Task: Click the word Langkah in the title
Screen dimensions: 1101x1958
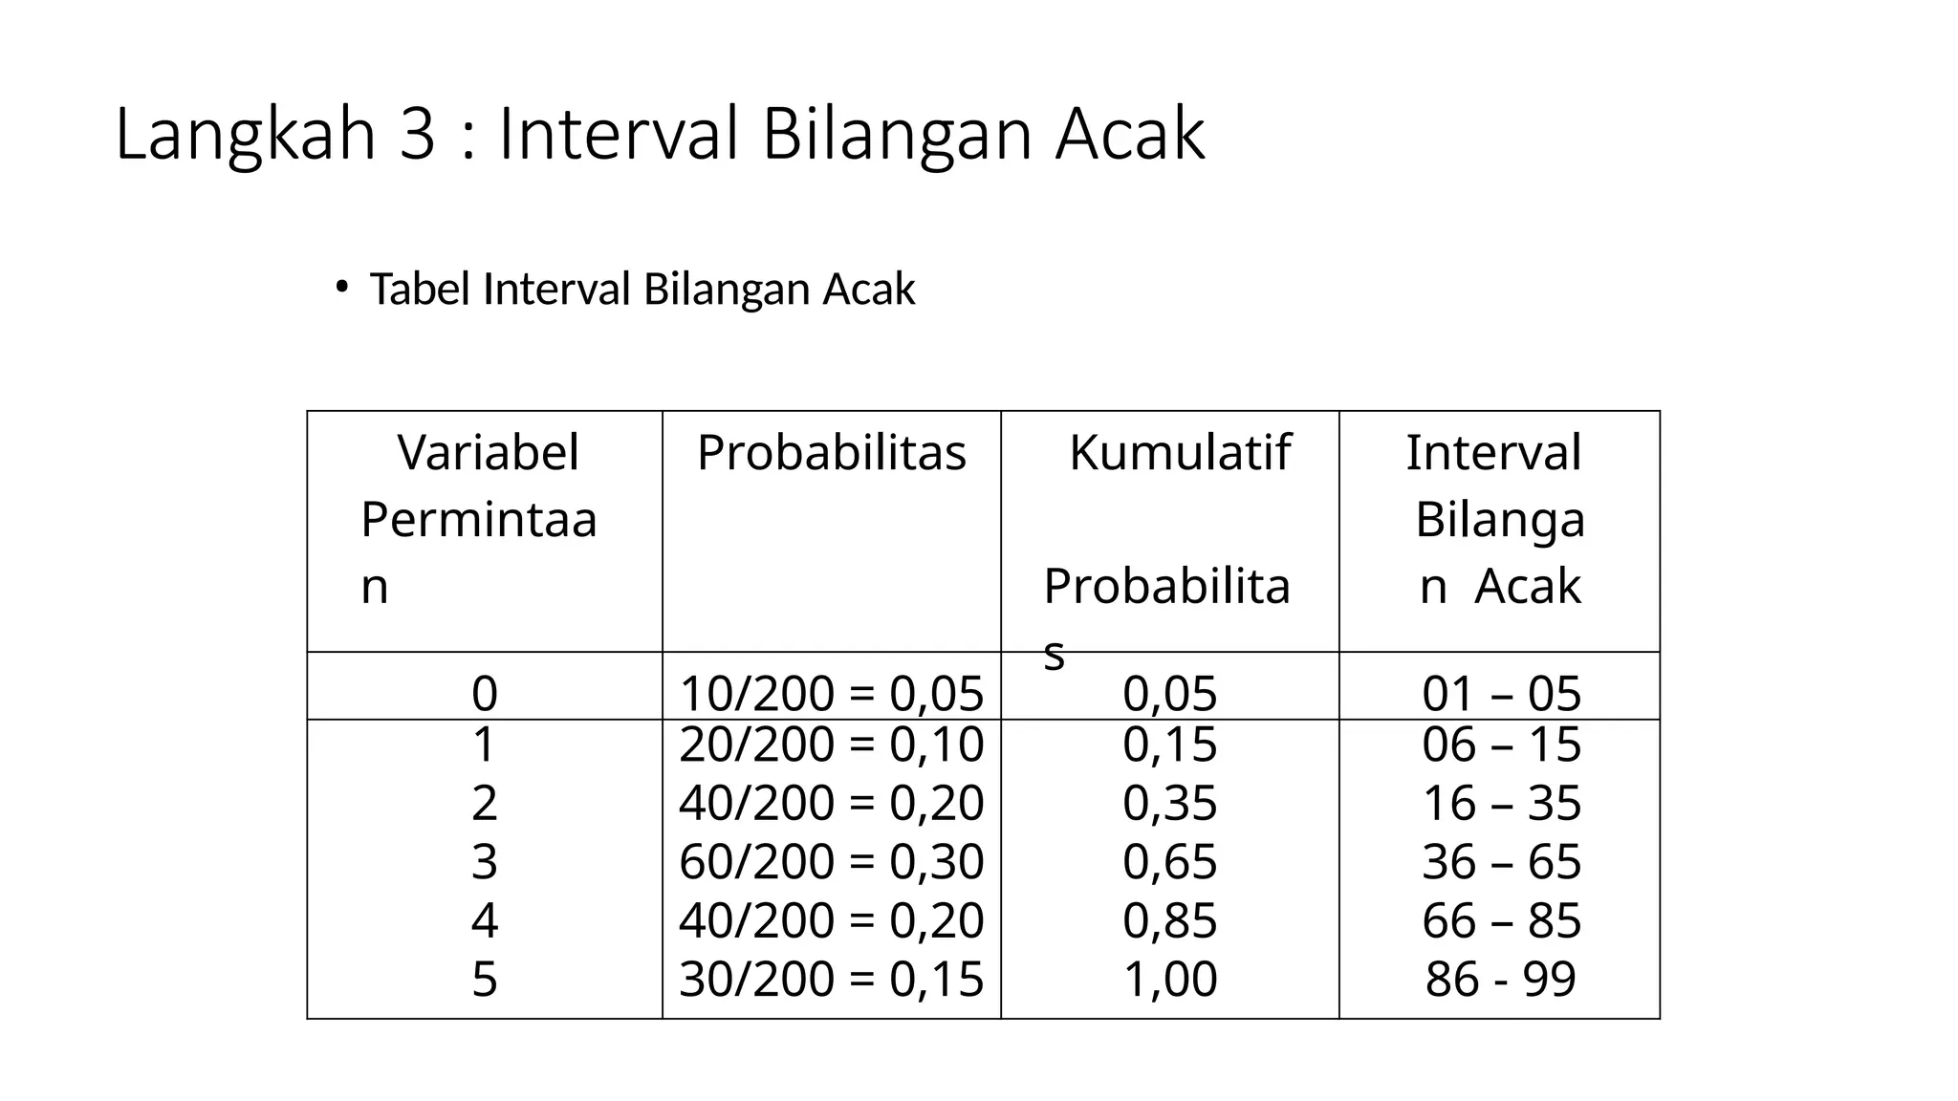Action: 245,135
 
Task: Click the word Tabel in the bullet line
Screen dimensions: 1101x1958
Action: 422,289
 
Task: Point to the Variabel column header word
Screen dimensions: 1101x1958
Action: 488,452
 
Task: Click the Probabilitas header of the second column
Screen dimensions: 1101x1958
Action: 831,452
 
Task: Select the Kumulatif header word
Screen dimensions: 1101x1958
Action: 1180,452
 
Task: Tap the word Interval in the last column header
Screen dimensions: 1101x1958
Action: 1493,452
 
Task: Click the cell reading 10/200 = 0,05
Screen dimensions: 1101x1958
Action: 831,693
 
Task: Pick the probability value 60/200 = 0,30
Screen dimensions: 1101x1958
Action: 831,861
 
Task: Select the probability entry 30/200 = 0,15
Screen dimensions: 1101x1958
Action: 831,979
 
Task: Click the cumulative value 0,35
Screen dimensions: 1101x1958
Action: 1169,803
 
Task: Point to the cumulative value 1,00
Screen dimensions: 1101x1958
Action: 1169,979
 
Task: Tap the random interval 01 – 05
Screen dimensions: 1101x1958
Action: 1501,693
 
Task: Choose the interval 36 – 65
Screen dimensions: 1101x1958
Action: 1501,861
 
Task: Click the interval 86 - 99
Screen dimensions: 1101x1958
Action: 1500,979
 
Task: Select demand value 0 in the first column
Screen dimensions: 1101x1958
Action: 485,693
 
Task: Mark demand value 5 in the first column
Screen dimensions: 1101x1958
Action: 485,979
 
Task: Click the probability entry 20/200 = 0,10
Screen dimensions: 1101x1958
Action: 831,745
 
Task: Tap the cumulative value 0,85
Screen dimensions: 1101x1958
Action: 1169,920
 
